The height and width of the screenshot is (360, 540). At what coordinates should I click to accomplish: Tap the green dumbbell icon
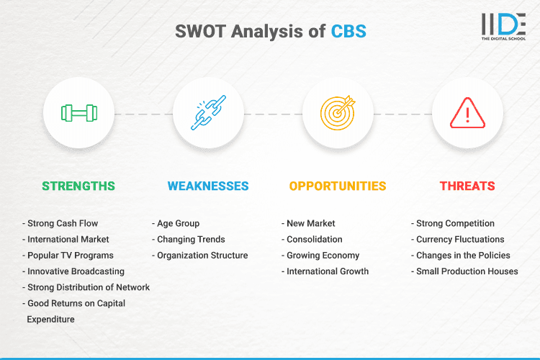(x=78, y=113)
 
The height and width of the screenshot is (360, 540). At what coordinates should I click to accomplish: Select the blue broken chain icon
(x=208, y=113)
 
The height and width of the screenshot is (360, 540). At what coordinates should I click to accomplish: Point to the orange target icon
(x=338, y=113)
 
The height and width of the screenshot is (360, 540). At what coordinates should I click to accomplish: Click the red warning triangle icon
(x=467, y=113)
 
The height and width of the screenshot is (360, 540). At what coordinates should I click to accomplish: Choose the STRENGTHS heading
(x=78, y=186)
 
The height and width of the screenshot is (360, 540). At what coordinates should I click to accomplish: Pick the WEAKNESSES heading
(x=208, y=186)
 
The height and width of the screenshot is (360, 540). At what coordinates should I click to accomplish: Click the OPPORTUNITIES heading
(x=338, y=186)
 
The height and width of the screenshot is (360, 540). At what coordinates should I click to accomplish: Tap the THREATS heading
(x=467, y=186)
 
